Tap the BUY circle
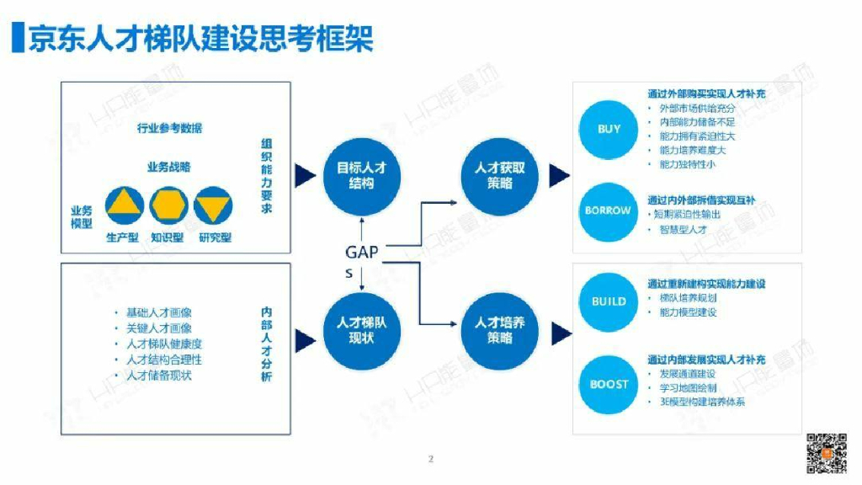click(609, 129)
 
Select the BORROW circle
click(609, 211)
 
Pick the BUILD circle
click(609, 301)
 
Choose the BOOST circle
click(609, 384)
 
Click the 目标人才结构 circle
click(362, 175)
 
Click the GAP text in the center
click(362, 252)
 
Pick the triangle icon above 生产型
click(123, 205)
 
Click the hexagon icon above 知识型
click(168, 205)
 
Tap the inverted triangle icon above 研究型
click(212, 205)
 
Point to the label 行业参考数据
click(169, 129)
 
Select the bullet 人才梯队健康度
click(164, 344)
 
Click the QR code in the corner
click(826, 452)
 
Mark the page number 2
click(430, 459)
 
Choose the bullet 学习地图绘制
click(688, 388)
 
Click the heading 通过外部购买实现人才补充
click(706, 94)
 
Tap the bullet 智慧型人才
click(683, 229)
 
